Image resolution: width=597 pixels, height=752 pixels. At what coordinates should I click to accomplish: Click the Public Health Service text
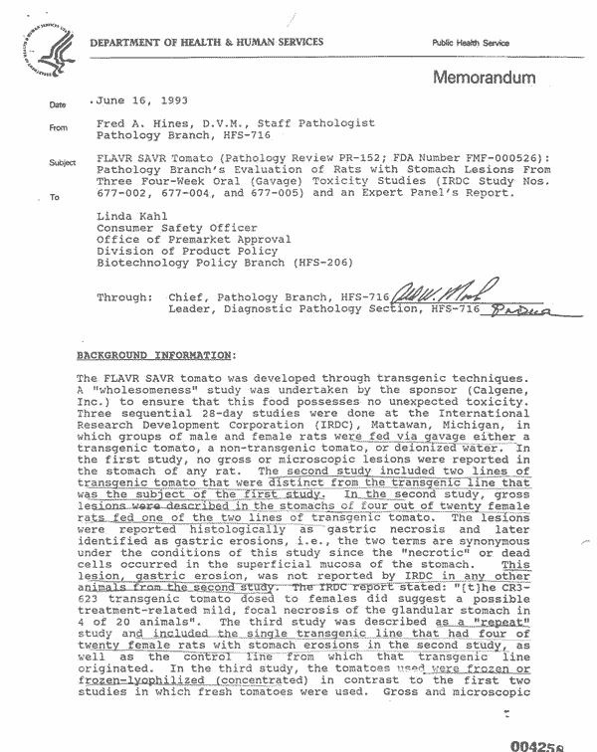[471, 43]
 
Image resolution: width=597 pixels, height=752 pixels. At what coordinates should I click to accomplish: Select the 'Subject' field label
[63, 163]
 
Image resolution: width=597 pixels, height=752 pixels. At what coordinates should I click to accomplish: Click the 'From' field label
[58, 127]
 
